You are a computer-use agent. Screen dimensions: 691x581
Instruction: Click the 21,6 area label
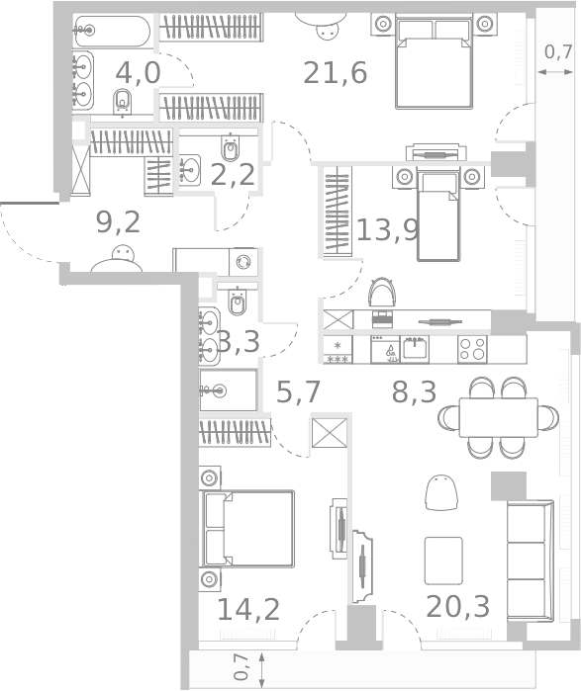[x=336, y=72]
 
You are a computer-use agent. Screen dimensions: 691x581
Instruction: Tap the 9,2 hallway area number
[x=118, y=221]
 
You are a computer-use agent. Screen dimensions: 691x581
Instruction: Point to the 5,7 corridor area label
[x=298, y=392]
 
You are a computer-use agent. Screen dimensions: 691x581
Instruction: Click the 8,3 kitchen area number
[x=414, y=392]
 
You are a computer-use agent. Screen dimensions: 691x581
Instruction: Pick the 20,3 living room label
[x=457, y=605]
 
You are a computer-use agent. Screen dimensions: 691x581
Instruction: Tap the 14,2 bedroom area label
[x=247, y=608]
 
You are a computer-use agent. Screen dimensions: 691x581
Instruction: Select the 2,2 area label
[x=235, y=175]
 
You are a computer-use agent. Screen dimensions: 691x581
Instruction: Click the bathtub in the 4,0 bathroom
[x=113, y=31]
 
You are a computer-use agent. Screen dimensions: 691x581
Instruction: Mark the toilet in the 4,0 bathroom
[x=124, y=101]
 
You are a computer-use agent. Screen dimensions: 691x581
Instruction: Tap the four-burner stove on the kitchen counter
[x=472, y=349]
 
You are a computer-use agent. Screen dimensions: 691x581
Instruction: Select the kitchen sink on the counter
[x=414, y=349]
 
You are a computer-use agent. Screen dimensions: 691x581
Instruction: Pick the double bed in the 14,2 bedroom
[x=248, y=528]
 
